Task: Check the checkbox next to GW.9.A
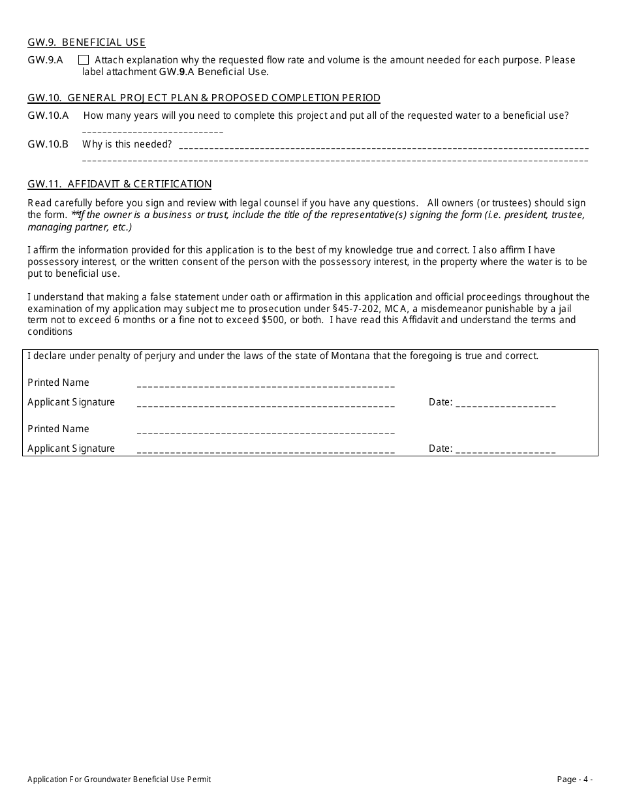click(84, 60)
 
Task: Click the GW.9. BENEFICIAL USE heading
click(86, 42)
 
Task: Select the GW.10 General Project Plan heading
click(204, 98)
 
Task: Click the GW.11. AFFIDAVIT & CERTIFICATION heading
click(119, 184)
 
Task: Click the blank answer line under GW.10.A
click(153, 132)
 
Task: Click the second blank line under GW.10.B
click(335, 160)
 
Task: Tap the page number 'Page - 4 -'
click(574, 779)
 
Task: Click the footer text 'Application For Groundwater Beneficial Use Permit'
click(119, 779)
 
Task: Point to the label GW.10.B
click(48, 144)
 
